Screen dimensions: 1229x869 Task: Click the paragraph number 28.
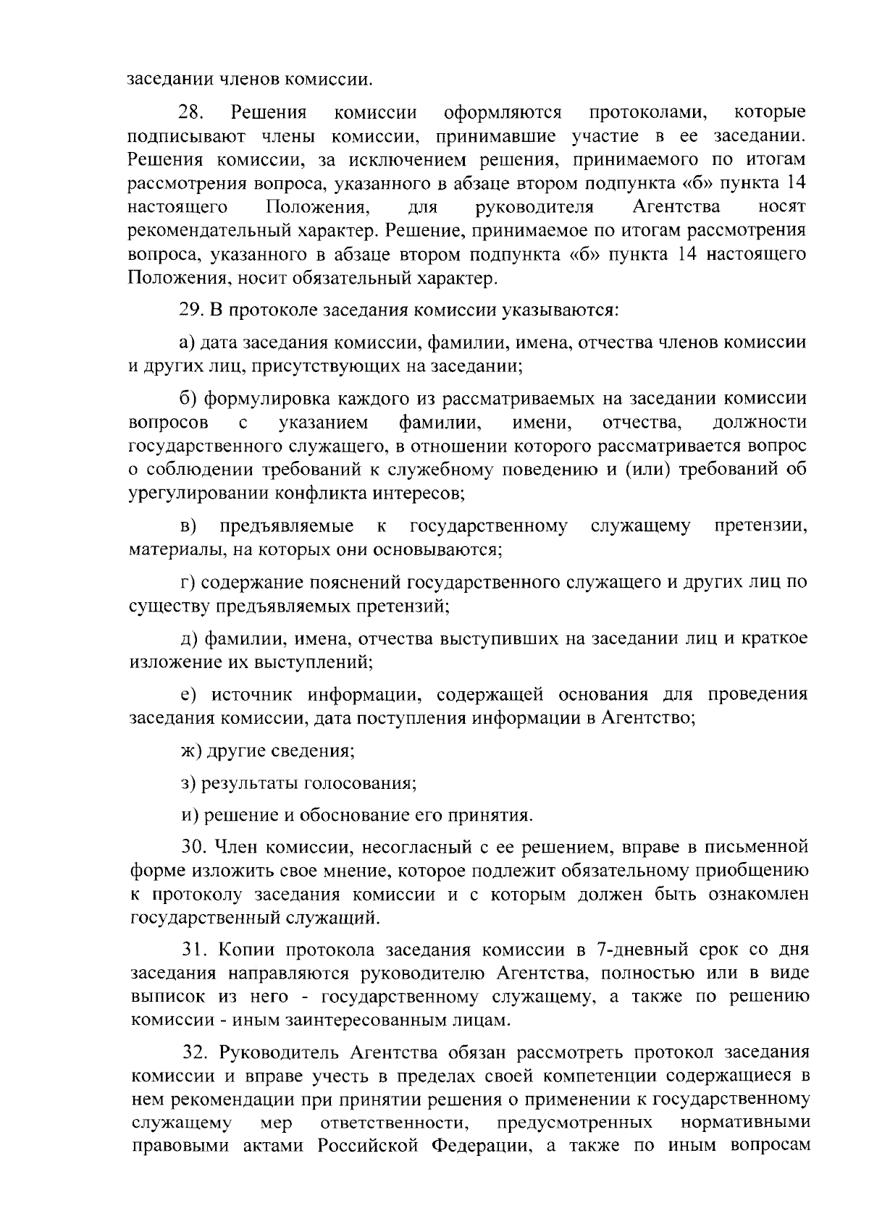[x=192, y=113]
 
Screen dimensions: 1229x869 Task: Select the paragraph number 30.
[x=196, y=847]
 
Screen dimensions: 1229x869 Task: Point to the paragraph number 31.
[x=195, y=950]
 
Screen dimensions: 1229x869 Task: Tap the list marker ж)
[x=190, y=751]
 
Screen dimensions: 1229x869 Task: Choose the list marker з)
[x=188, y=783]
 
